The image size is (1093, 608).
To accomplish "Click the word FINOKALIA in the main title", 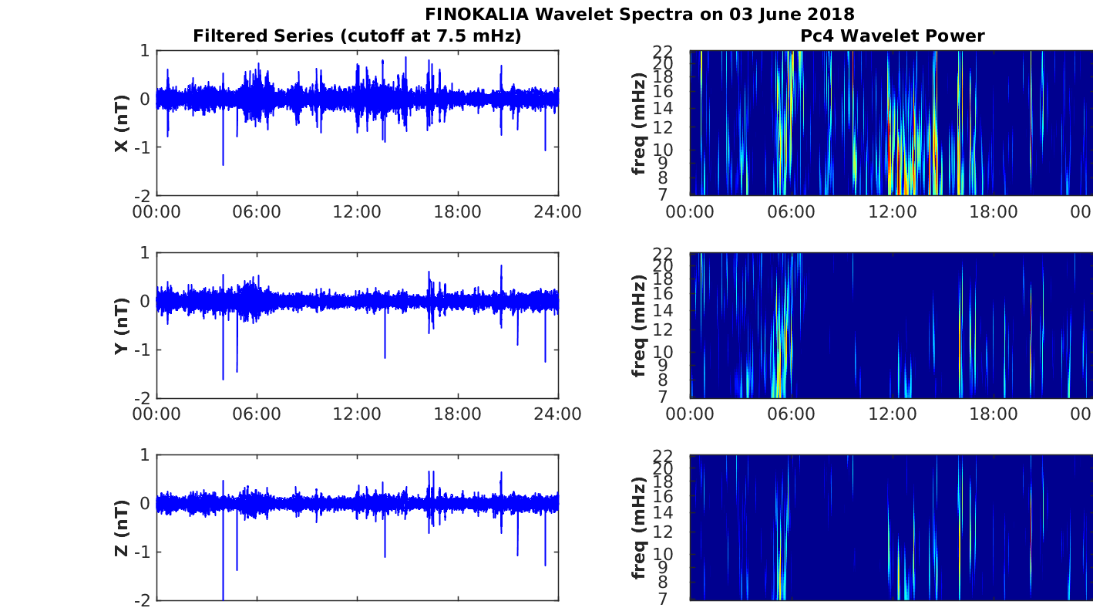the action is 476,14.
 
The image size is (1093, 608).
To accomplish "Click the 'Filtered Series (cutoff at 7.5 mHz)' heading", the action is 357,36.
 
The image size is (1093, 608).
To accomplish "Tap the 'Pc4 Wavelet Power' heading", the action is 893,36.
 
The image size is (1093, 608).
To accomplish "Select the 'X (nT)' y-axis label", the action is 122,123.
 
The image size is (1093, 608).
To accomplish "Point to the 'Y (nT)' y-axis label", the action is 122,326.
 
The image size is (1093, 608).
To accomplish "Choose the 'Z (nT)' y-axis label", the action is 122,528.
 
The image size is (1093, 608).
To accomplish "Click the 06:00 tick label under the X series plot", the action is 257,212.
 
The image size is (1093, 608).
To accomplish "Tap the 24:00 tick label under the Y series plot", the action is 558,414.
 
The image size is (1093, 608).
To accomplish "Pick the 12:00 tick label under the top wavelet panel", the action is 893,212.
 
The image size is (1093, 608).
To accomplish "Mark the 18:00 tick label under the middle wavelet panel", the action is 994,414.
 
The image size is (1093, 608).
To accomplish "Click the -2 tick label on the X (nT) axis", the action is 142,196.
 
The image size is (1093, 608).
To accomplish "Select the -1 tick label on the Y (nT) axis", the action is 142,350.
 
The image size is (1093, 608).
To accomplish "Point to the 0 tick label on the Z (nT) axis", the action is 145,504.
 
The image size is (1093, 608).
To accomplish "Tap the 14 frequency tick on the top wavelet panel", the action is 663,109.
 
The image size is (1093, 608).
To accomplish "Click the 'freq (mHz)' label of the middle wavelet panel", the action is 638,326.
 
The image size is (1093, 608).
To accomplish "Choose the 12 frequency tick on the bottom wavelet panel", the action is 663,532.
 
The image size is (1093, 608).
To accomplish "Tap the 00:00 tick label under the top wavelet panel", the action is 690,212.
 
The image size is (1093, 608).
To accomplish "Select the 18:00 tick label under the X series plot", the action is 458,212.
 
